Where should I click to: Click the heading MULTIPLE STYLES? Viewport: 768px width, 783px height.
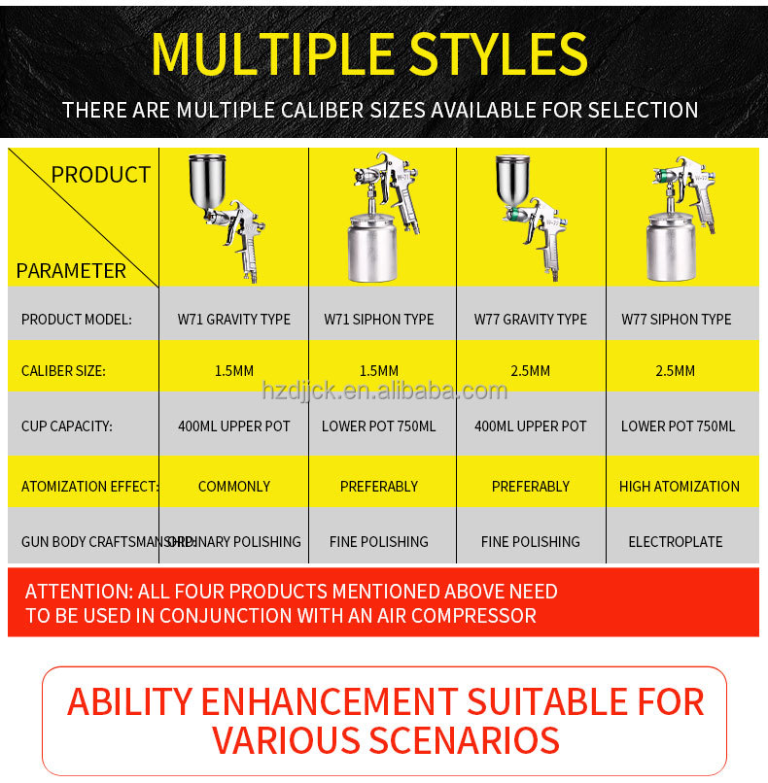point(369,53)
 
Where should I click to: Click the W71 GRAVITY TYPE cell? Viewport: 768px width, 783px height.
point(233,319)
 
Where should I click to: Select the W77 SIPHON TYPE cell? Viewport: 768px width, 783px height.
point(677,319)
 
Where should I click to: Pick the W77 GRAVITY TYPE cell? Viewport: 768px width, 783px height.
point(530,319)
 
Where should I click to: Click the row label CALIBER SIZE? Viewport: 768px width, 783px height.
point(63,371)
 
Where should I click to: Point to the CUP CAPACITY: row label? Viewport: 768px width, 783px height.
point(67,426)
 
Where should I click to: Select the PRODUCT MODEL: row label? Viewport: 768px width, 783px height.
point(76,319)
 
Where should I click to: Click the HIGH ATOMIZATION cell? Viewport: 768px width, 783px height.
point(679,486)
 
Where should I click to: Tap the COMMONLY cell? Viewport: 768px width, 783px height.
point(233,486)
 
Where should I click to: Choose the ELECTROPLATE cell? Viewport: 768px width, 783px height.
point(677,541)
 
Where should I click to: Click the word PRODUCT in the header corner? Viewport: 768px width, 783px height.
point(100,175)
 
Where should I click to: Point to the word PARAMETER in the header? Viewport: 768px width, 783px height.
point(71,271)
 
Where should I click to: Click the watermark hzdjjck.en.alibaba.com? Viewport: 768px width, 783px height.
point(384,391)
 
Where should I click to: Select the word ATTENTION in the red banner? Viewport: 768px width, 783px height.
point(77,592)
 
